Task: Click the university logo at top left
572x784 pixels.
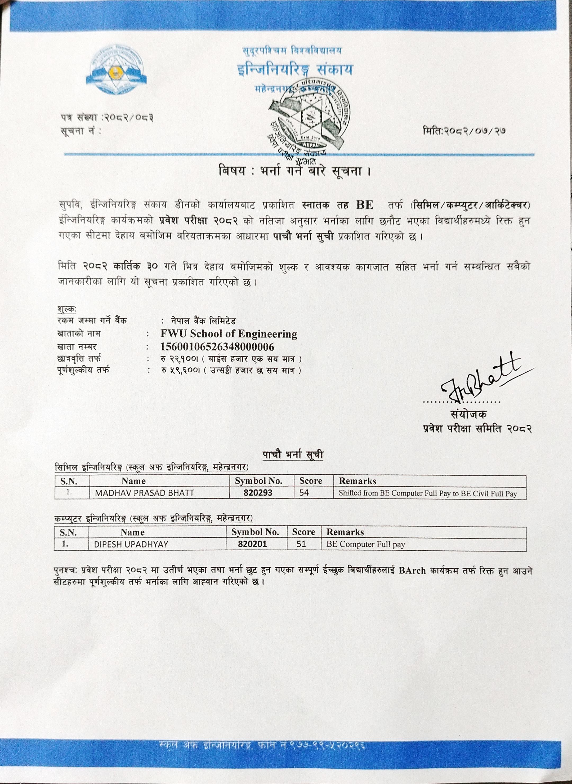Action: [116, 70]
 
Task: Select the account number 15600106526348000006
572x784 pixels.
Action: [217, 347]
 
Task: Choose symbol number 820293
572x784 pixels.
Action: [258, 493]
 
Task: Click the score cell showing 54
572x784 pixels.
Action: [304, 493]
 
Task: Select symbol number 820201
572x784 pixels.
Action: [252, 544]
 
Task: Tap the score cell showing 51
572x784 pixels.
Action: [301, 544]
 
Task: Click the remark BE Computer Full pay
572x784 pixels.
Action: [366, 544]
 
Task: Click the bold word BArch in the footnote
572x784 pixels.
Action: [412, 570]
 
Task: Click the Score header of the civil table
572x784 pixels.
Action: [311, 481]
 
